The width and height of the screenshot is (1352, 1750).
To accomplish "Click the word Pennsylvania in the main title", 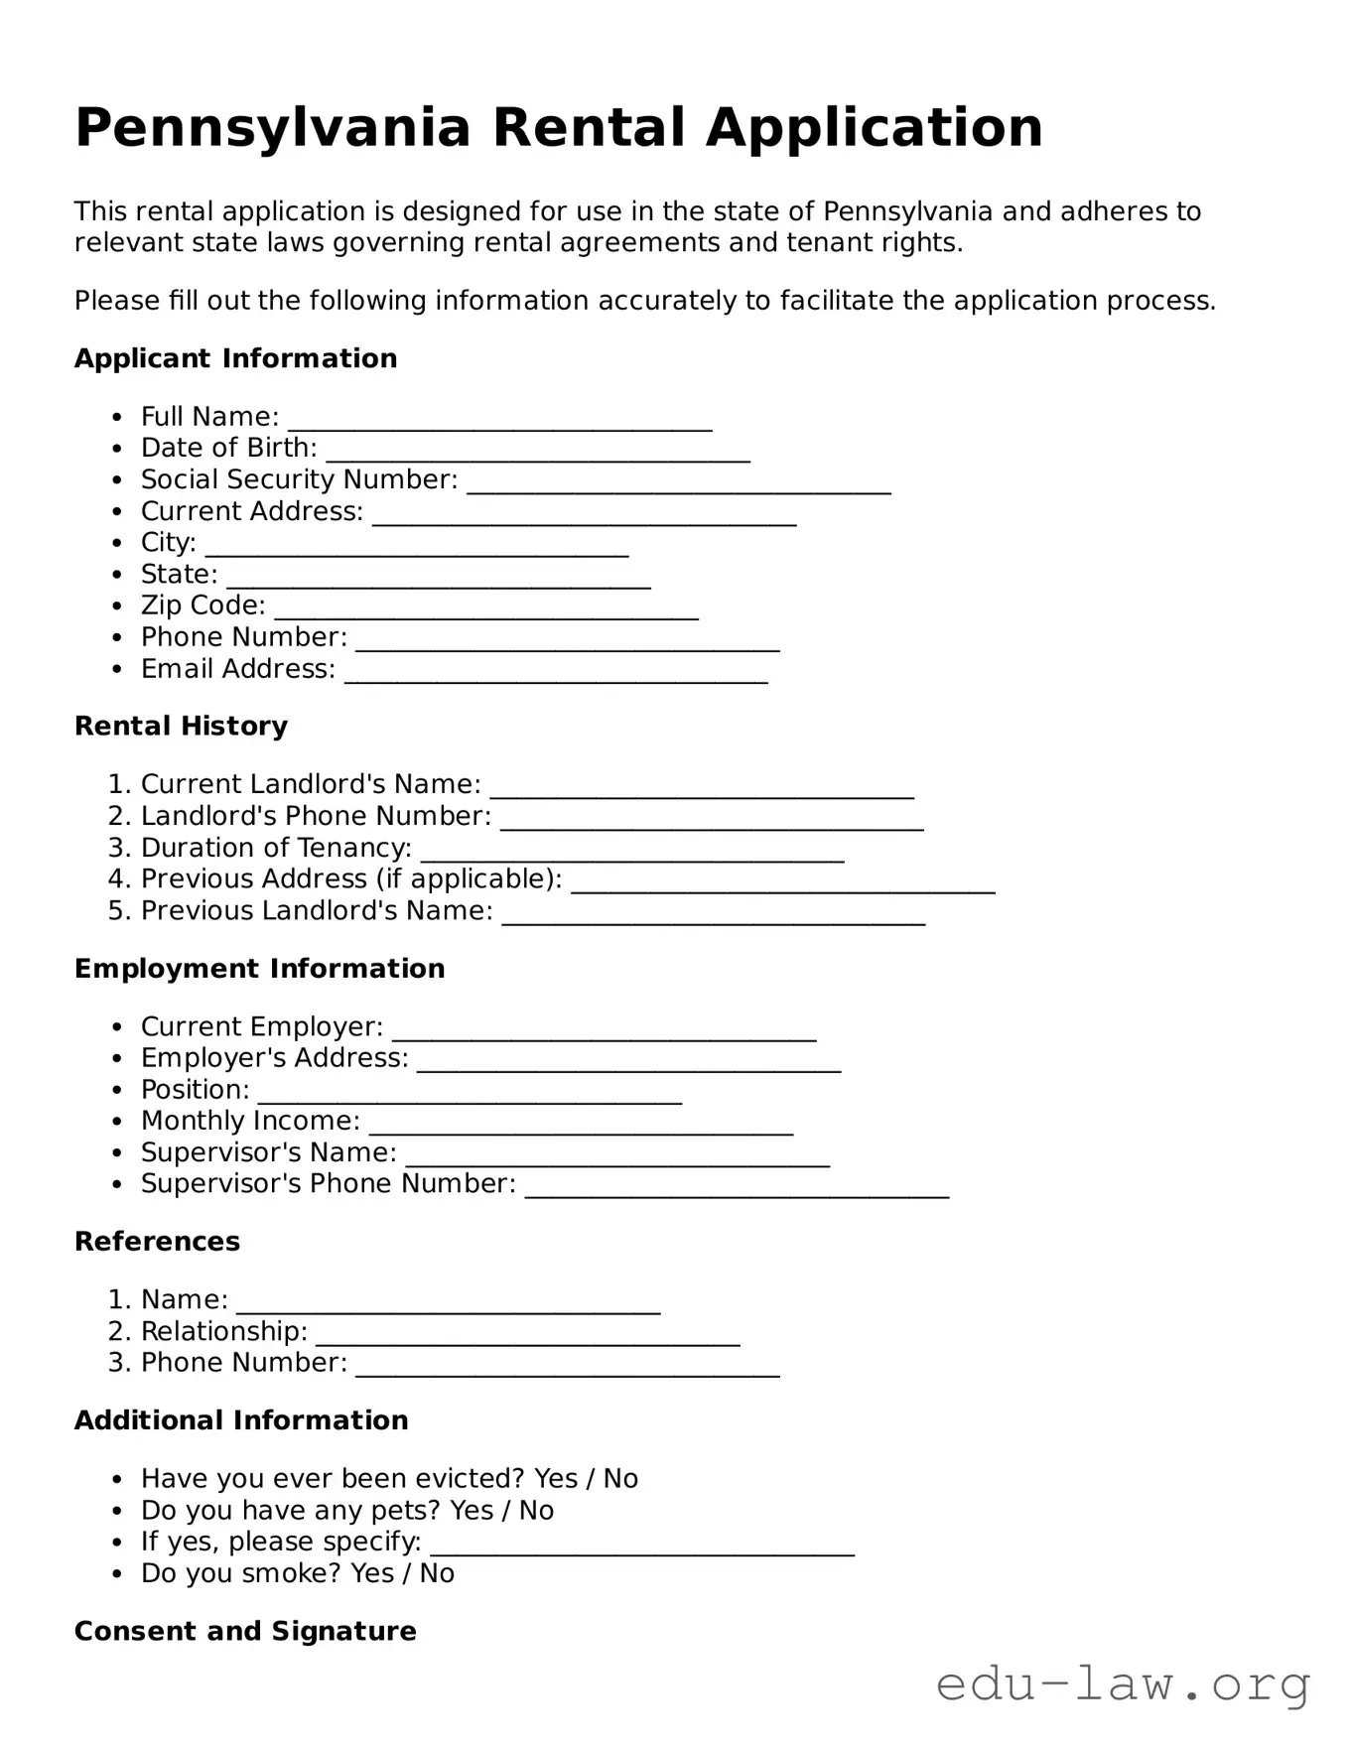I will pos(272,129).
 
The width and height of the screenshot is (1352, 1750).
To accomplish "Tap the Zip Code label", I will pos(203,606).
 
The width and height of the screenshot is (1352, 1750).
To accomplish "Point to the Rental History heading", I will pos(181,727).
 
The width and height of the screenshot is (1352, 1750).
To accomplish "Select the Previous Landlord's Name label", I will pos(317,911).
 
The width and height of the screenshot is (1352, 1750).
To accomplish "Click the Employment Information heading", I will pos(259,969).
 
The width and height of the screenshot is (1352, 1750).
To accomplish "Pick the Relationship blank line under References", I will pos(528,1336).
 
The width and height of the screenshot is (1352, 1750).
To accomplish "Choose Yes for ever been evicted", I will pos(555,1479).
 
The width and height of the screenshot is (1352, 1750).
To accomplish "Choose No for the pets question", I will pos(536,1511).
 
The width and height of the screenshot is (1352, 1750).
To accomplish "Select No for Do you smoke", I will pos(437,1573).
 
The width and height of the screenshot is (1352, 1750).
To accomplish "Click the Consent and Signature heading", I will pos(245,1632).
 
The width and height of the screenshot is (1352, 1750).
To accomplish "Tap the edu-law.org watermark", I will pos(1123,1684).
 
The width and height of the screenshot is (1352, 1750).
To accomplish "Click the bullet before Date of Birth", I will pos(118,450).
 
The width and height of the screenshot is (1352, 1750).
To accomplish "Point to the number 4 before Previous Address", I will pos(115,879).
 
